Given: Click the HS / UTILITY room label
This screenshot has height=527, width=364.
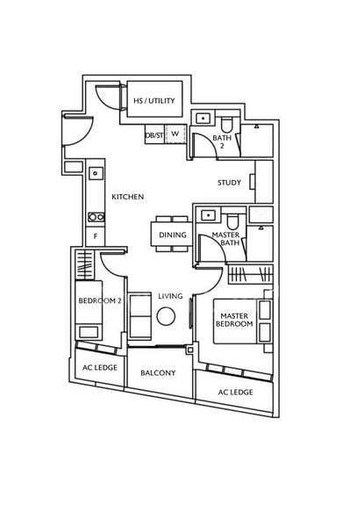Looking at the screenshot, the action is [x=154, y=100].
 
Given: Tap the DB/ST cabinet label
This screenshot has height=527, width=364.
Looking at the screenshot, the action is [x=154, y=135].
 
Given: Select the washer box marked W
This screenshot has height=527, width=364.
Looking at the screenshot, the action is [x=175, y=134].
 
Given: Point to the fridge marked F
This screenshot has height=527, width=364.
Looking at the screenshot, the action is [x=96, y=236].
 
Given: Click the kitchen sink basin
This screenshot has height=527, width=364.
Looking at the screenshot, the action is [x=96, y=173].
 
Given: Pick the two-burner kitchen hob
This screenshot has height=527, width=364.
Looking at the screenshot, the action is [x=96, y=217].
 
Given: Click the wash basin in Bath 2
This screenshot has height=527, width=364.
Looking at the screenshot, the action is [x=203, y=119].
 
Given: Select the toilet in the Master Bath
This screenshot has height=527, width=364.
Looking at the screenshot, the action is [x=232, y=222].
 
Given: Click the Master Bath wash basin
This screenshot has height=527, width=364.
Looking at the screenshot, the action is [x=208, y=215].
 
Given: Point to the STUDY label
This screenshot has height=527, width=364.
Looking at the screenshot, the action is [x=230, y=183].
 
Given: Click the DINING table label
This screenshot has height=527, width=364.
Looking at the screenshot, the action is [x=173, y=235].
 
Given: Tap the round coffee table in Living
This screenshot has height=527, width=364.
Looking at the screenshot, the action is [x=166, y=316].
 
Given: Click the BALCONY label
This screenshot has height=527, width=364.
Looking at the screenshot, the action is [x=158, y=372].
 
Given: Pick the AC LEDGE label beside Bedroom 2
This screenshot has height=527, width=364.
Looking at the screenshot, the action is [x=100, y=368].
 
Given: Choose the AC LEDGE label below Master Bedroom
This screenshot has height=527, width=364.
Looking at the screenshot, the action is [x=236, y=393].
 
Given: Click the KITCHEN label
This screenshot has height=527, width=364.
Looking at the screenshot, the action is [x=128, y=197].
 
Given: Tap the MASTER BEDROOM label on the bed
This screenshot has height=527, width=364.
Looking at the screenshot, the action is [x=234, y=320].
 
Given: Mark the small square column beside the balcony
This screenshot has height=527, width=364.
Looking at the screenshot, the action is [x=190, y=350].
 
